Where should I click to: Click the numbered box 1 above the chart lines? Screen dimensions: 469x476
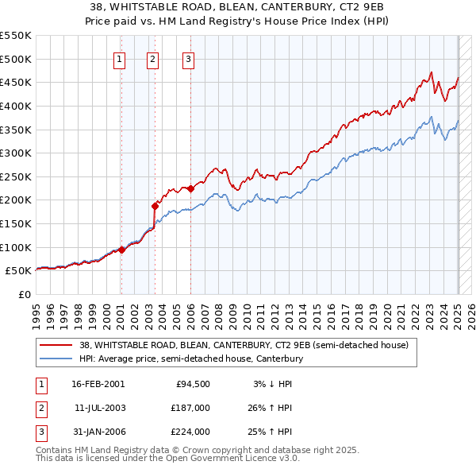coord(119,58)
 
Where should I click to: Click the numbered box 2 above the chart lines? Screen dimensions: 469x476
coord(152,58)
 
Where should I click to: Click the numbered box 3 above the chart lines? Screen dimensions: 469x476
coord(188,58)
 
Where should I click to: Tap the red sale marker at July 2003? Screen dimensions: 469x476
coord(155,206)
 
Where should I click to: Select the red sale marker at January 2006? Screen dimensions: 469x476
coord(190,188)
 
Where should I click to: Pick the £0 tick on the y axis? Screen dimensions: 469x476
coord(25,294)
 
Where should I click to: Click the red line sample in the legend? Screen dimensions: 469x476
coord(57,345)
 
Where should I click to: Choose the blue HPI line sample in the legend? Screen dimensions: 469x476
coord(57,359)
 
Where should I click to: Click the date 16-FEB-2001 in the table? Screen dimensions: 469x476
coord(98,384)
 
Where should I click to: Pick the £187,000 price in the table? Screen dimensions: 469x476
coord(190,408)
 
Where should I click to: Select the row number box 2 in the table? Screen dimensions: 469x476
coord(40,408)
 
